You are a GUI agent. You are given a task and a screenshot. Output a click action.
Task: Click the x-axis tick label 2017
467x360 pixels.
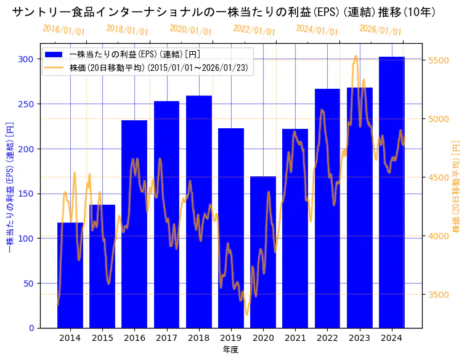click(x=166, y=338)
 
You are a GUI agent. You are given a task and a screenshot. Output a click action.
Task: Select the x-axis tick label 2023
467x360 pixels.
click(x=360, y=338)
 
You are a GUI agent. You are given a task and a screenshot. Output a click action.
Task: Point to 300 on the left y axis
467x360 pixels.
click(x=26, y=59)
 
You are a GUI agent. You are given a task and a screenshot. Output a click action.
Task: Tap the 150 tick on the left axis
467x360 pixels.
click(x=26, y=194)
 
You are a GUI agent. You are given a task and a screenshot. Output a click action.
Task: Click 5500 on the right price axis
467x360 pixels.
click(x=438, y=60)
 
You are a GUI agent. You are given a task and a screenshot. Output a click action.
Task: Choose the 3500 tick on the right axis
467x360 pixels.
click(x=438, y=295)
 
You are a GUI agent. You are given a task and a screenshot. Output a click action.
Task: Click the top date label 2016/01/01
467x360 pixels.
click(x=64, y=30)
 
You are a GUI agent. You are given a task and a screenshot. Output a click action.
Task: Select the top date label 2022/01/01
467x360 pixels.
click(x=254, y=30)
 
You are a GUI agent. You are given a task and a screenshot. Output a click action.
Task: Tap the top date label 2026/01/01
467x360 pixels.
click(x=380, y=30)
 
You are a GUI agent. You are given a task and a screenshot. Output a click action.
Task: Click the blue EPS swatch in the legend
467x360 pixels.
click(x=54, y=54)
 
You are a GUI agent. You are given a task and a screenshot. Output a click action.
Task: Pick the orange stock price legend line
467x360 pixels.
click(x=54, y=68)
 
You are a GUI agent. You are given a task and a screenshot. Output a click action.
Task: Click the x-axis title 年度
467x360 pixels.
click(x=230, y=350)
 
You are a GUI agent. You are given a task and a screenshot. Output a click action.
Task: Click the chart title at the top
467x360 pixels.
click(x=224, y=12)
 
